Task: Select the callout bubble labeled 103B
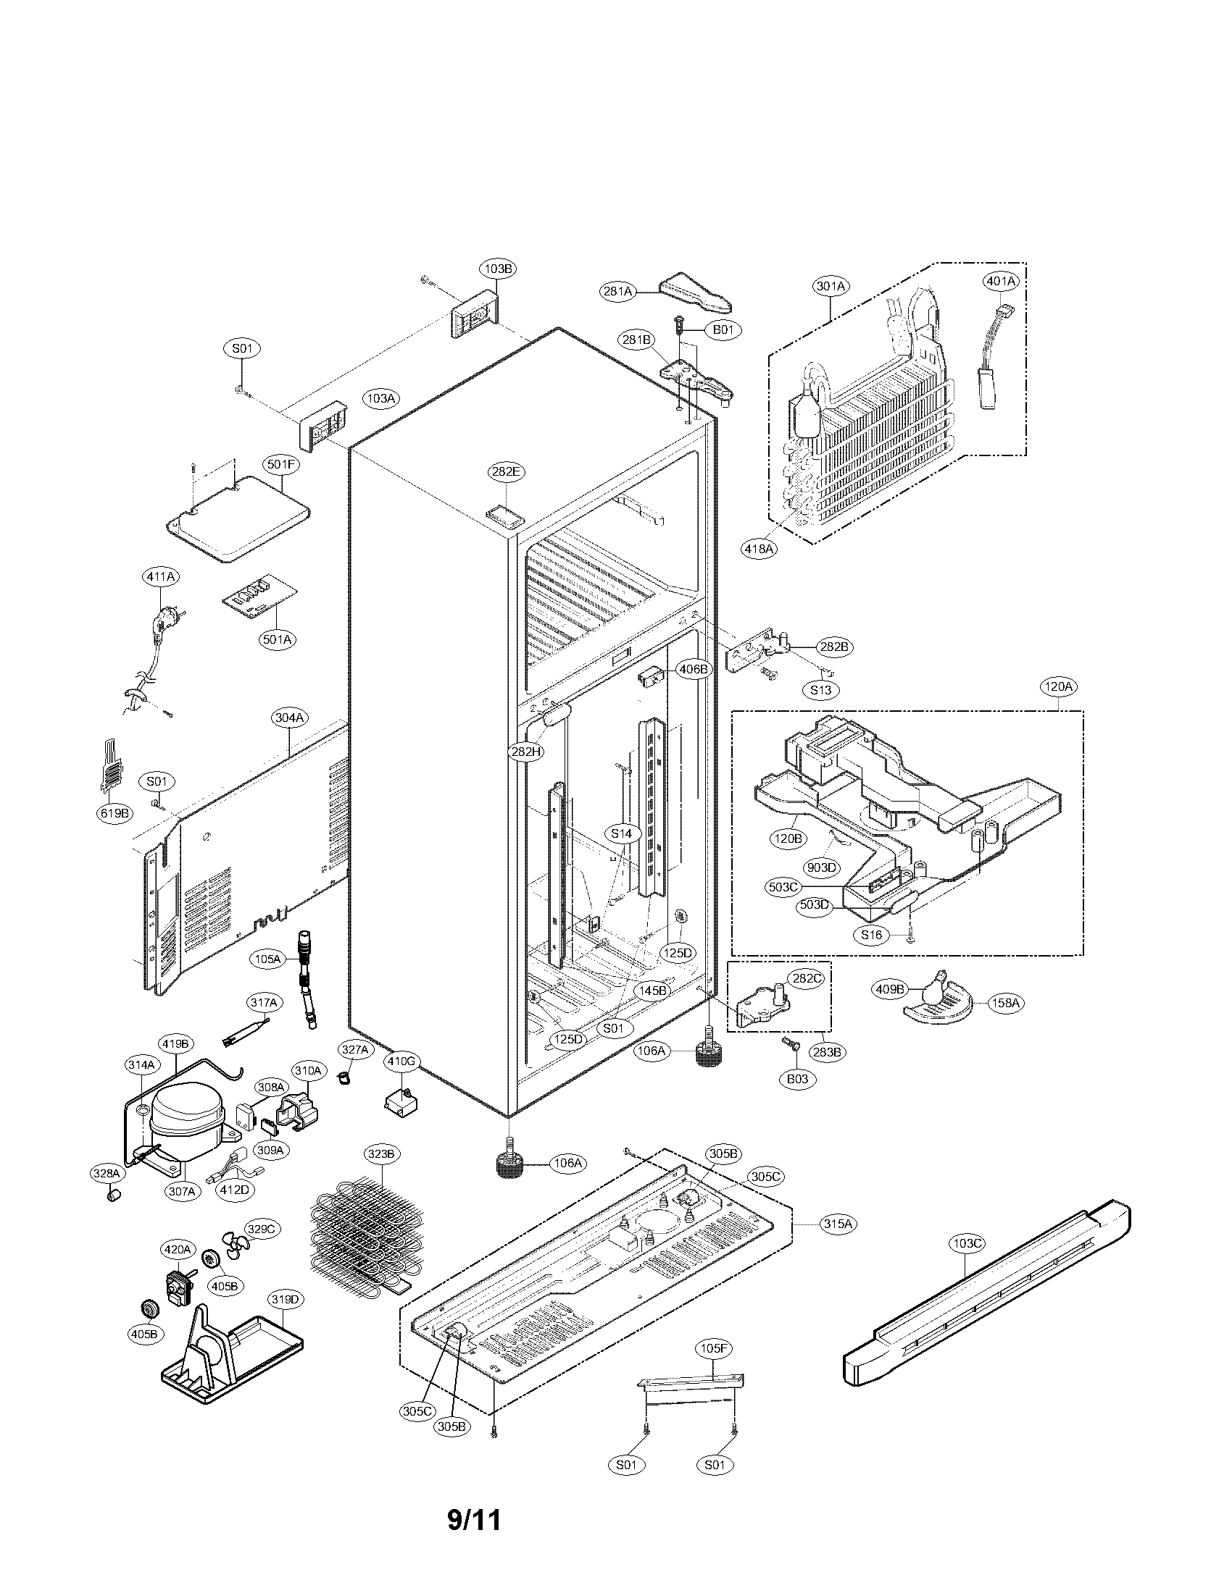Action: pyautogui.click(x=499, y=269)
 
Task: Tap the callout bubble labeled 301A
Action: pyautogui.click(x=831, y=286)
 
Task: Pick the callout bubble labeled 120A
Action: pyautogui.click(x=1058, y=686)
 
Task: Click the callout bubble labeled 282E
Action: pyautogui.click(x=506, y=472)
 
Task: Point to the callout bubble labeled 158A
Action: pyautogui.click(x=1005, y=1003)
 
